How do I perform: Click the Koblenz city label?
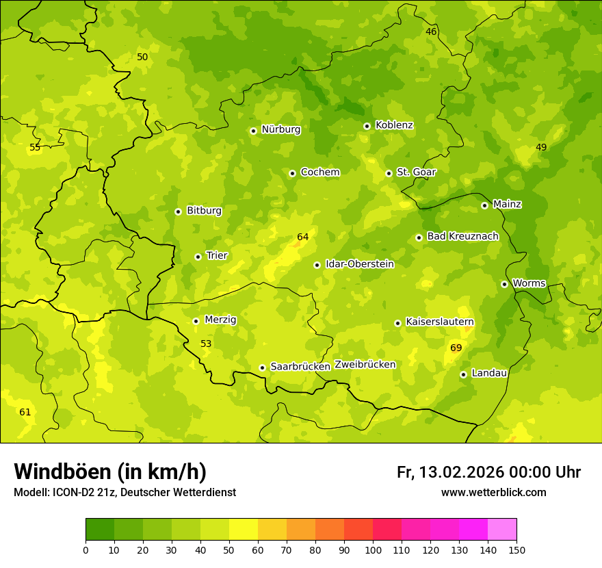(x=394, y=125)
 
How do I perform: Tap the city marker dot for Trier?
(x=198, y=257)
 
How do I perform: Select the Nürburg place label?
(x=280, y=129)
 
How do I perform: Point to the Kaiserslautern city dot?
(x=397, y=323)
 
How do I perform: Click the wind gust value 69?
(x=456, y=348)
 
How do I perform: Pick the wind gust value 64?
(x=303, y=237)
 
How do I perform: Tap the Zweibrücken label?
(x=365, y=365)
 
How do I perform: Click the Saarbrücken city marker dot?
(x=262, y=367)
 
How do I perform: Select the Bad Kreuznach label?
(x=462, y=236)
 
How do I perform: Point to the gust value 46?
(x=431, y=32)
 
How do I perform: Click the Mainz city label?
(x=507, y=204)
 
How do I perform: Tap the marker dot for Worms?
(x=504, y=284)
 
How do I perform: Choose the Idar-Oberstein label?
(x=360, y=264)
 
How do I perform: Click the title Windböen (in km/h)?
(x=110, y=472)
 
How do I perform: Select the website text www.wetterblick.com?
(x=493, y=493)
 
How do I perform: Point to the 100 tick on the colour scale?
(x=373, y=550)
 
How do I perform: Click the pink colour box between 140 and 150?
(x=502, y=530)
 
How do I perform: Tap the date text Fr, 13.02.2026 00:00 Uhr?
(x=488, y=472)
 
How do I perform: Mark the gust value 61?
(x=25, y=412)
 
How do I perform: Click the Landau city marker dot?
(x=463, y=374)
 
